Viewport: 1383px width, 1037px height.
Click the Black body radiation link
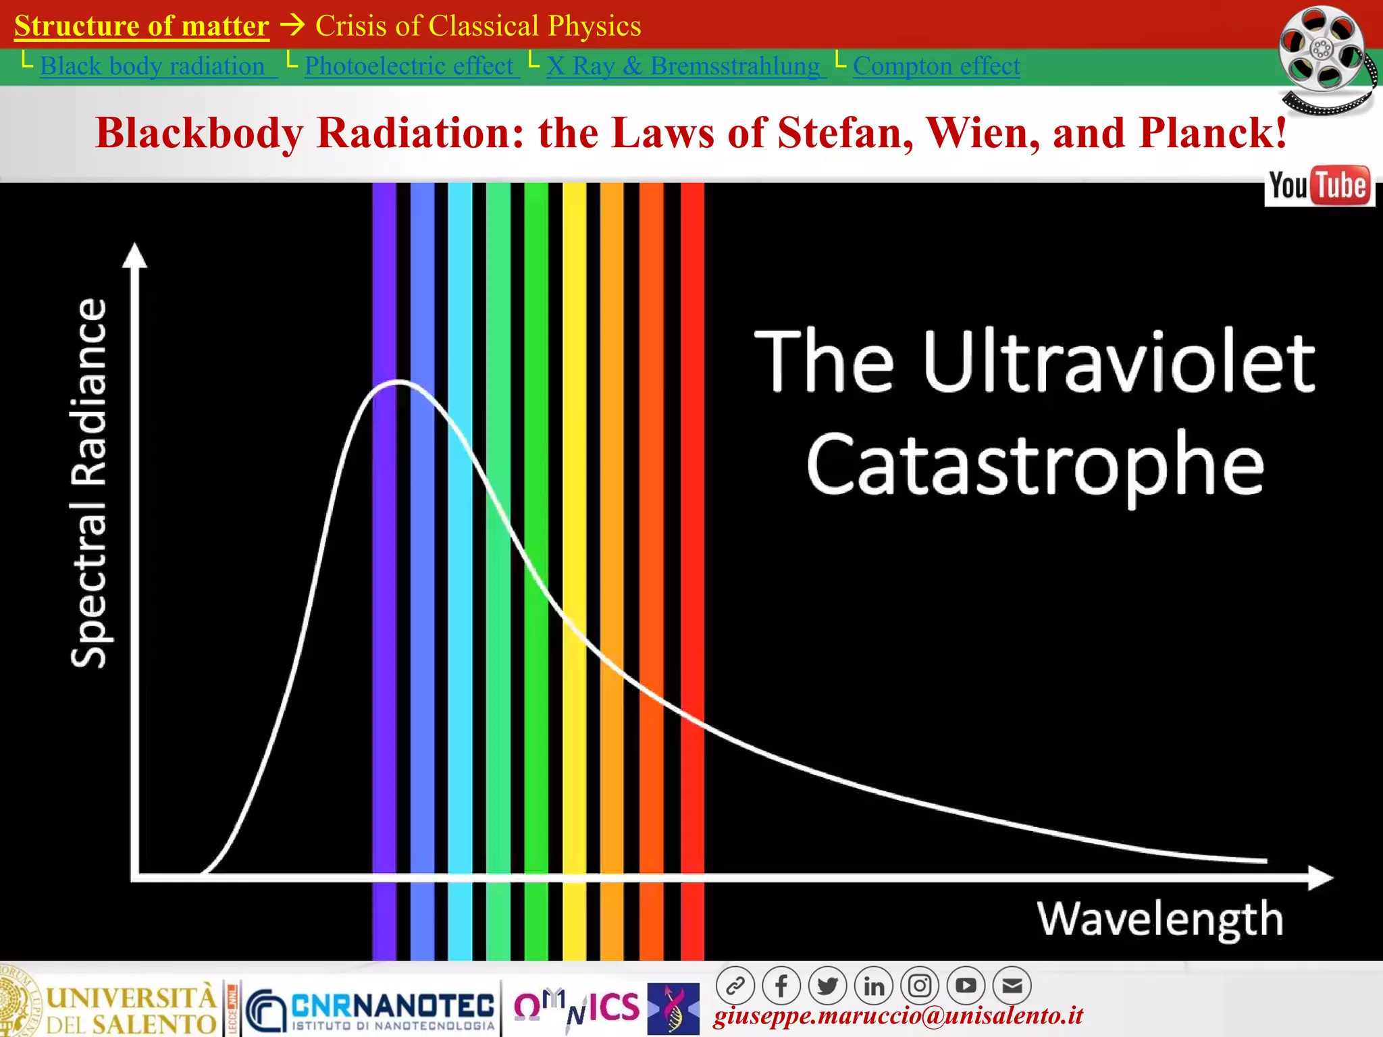coord(153,66)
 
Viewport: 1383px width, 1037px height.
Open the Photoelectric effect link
coord(409,66)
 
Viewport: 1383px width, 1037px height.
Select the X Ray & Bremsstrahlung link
coord(683,66)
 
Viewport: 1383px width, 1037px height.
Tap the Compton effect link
coord(936,66)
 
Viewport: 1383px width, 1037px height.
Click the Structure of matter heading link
coord(142,26)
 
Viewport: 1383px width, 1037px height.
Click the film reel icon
coord(1324,57)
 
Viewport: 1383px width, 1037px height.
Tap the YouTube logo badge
coord(1319,186)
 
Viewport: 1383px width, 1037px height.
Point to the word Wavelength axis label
coord(1159,919)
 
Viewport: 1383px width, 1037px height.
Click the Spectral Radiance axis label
coord(89,483)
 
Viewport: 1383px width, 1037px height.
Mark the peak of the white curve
coord(400,382)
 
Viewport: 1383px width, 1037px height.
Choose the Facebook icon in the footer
coord(781,986)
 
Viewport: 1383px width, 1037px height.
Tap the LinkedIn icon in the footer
coord(873,986)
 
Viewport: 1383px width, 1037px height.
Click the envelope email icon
coord(1012,986)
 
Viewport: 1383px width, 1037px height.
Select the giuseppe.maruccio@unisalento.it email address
coord(898,1016)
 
